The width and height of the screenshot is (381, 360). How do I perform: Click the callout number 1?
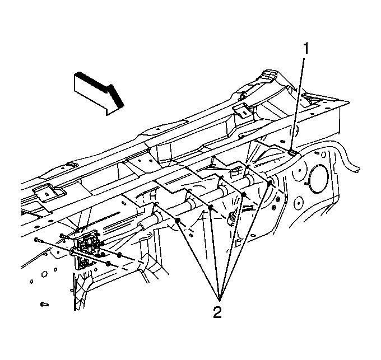(x=306, y=48)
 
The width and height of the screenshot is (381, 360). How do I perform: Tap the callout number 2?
(x=217, y=312)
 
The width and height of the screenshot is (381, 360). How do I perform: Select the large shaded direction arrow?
(x=99, y=93)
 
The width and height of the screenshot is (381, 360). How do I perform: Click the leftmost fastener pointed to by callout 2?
(x=178, y=221)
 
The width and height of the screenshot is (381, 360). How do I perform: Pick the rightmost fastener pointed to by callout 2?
(x=270, y=182)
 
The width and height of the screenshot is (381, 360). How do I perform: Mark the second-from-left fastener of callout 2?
(x=211, y=207)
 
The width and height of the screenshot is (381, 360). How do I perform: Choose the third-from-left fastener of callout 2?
(x=244, y=194)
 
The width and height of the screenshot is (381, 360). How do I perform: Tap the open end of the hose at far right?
(x=357, y=170)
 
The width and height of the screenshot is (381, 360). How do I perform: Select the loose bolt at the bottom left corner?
(x=44, y=304)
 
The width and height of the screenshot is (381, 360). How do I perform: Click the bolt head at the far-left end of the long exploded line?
(x=36, y=240)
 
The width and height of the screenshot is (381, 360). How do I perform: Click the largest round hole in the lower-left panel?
(x=44, y=274)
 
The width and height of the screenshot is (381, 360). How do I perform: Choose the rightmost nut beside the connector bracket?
(x=119, y=255)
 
